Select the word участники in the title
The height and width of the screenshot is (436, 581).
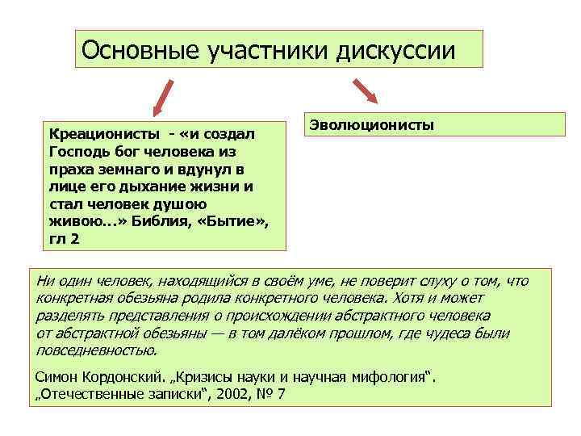coord(257,51)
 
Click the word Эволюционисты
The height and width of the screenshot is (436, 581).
coord(371,125)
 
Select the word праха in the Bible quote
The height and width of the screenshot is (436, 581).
coord(68,169)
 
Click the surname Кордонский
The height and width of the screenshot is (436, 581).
coord(126,376)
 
